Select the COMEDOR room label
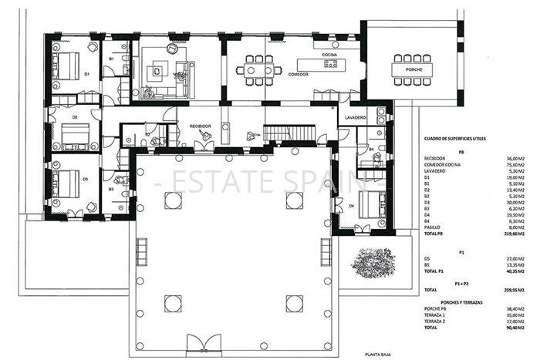[299, 75]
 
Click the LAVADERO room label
[356, 117]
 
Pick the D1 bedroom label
[87, 74]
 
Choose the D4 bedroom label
[352, 206]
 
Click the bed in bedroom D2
[76, 136]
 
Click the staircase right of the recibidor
[290, 134]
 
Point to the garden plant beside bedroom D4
[373, 262]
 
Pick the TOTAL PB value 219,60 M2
[514, 234]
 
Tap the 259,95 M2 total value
[514, 291]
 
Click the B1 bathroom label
[111, 59]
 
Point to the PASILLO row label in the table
[435, 227]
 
